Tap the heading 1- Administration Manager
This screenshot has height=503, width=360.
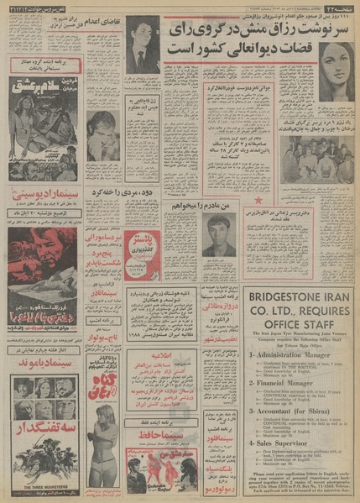[x=267, y=355]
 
